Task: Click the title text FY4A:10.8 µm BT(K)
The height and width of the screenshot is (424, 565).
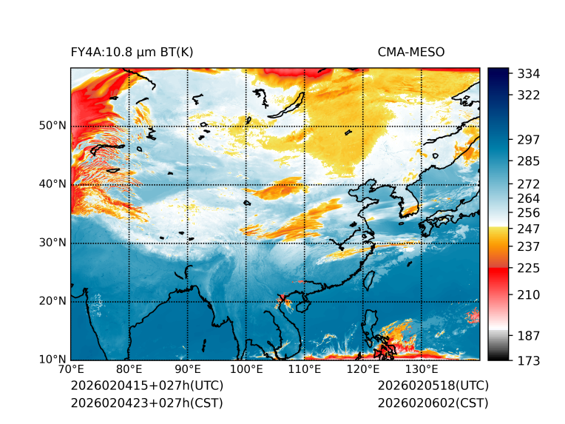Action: [132, 52]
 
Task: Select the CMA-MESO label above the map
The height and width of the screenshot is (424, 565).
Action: [410, 52]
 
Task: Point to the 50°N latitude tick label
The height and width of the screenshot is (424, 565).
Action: [52, 126]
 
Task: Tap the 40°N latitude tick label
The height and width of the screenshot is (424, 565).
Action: [52, 184]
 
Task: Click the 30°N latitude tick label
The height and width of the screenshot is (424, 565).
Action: [52, 243]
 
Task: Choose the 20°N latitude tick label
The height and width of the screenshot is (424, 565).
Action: [52, 301]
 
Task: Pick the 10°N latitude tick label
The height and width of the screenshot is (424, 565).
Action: [52, 360]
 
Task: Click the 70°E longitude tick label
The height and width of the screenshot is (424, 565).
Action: [71, 370]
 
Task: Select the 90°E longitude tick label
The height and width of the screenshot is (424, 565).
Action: [188, 370]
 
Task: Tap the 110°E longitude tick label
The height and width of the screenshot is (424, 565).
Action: [305, 370]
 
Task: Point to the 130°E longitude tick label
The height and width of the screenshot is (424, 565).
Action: [422, 370]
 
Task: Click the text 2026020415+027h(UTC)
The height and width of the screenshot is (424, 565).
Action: [146, 386]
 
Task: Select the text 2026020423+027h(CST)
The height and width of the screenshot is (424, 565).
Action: [146, 403]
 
